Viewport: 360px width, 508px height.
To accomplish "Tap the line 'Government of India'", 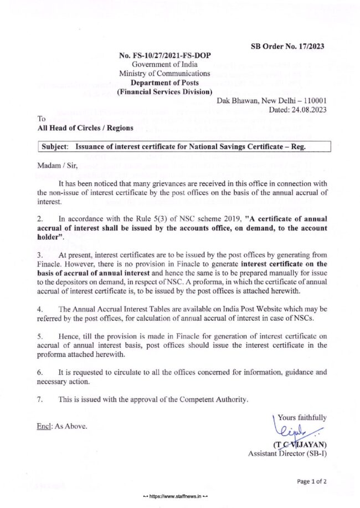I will pyautogui.click(x=165, y=64).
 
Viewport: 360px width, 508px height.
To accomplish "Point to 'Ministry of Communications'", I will pyautogui.click(x=164, y=73).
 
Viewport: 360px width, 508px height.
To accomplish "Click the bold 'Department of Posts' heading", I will pyautogui.click(x=165, y=82).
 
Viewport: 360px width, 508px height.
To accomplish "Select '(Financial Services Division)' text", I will pyautogui.click(x=165, y=91).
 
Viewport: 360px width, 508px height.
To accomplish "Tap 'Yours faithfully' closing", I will pyautogui.click(x=302, y=418).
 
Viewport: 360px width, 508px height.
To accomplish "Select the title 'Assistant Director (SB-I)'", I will pyautogui.click(x=287, y=454).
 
